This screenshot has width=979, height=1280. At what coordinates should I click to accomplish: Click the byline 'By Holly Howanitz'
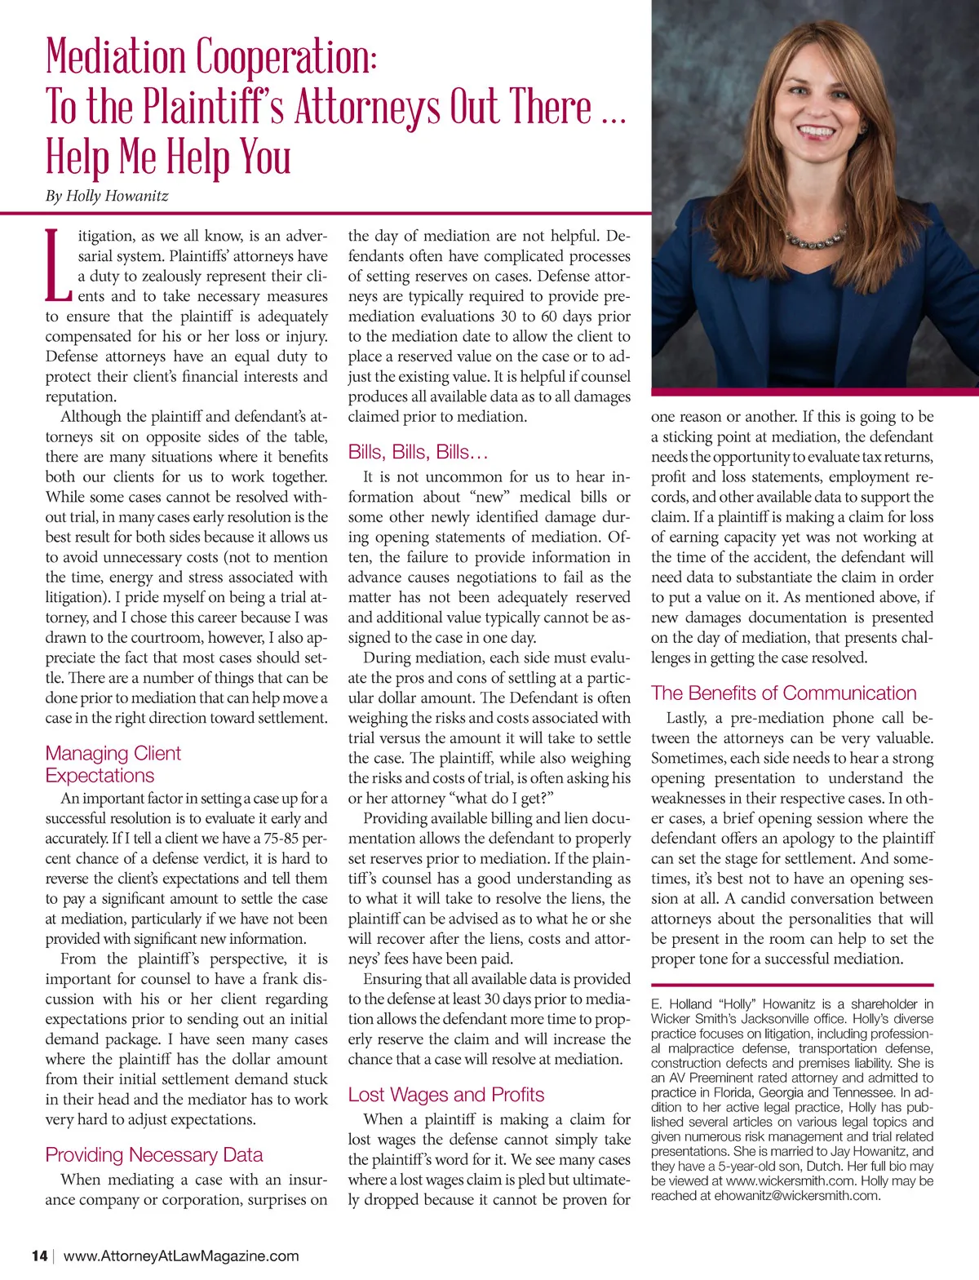107,196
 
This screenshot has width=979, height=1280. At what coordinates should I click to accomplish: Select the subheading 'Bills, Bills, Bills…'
418,452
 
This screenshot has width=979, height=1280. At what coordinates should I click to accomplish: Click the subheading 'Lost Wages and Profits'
445,1094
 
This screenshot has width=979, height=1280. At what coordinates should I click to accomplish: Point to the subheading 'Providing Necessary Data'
154,1154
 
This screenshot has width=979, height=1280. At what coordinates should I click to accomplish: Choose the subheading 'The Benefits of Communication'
783,693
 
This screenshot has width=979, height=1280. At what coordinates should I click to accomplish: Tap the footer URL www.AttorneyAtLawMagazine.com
181,1256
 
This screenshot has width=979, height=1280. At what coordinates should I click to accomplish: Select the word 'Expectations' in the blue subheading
100,775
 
